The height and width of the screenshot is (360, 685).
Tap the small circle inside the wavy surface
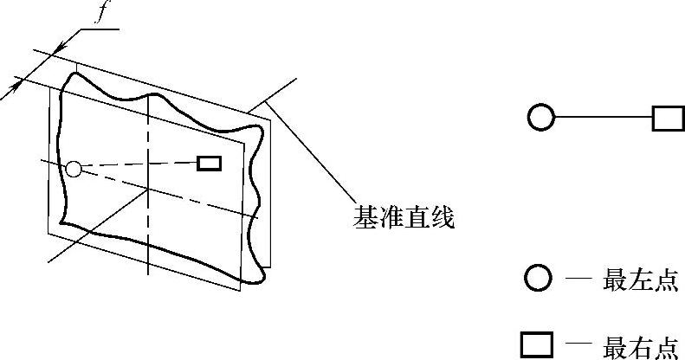74,169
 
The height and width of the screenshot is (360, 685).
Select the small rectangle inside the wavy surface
209,163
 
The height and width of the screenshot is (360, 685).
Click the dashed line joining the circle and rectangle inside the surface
139,165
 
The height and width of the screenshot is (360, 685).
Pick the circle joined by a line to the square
540,117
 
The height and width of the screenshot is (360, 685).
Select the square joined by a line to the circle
668,117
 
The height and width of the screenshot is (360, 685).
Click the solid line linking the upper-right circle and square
603,117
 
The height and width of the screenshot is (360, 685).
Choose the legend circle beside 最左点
539,279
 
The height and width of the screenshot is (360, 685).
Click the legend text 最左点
641,280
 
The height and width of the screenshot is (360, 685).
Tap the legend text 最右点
641,345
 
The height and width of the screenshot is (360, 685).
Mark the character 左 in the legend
641,280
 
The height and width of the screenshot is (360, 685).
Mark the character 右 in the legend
641,345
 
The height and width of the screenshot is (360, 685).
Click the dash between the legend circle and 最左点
578,279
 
